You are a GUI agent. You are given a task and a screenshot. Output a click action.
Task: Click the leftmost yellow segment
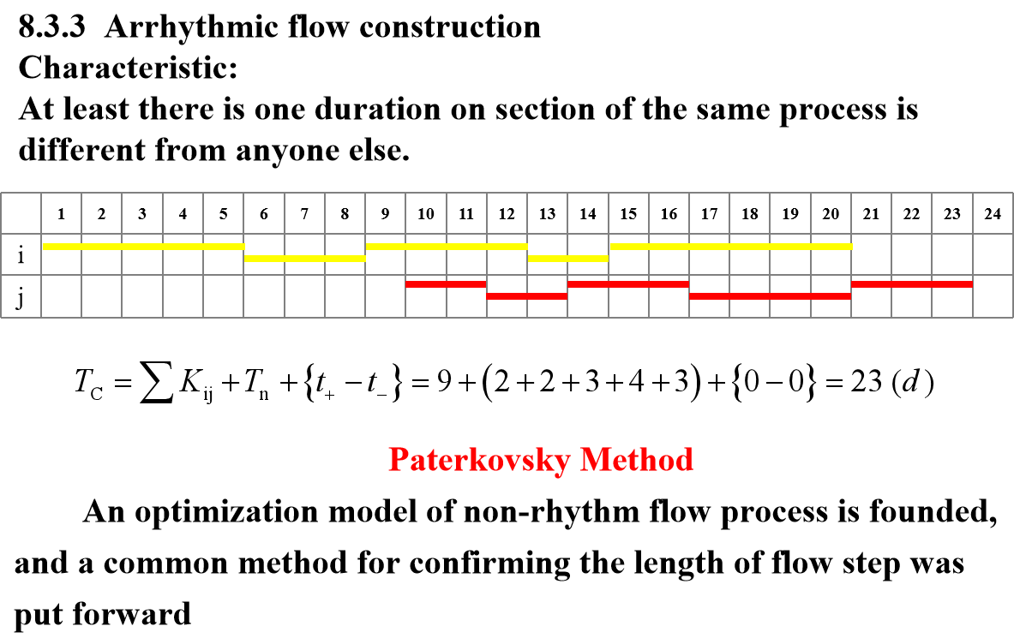tap(143, 247)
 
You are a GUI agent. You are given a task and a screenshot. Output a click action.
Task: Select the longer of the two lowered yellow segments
tap(304, 259)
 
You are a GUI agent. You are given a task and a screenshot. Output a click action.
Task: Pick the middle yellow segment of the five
tap(446, 247)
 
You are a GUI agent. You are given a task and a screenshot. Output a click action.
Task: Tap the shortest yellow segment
tap(567, 259)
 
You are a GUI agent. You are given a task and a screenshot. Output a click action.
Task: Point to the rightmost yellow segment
tap(731, 247)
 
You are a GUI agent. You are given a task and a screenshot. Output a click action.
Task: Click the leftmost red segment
tap(446, 283)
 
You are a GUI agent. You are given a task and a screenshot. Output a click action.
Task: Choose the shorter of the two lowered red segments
tap(526, 296)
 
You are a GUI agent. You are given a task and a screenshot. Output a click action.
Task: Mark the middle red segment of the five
tap(627, 283)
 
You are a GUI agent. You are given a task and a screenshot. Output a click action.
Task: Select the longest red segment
tap(770, 296)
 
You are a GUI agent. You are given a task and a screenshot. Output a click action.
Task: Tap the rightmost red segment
tap(912, 283)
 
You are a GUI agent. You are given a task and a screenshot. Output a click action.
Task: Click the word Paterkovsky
tap(478, 460)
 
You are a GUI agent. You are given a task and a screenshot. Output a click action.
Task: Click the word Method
tap(637, 460)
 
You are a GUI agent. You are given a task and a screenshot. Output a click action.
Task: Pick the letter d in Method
tap(683, 460)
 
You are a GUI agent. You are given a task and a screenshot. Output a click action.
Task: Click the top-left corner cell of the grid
tap(21, 213)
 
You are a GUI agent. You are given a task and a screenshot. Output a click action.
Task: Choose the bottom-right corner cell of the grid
tap(993, 296)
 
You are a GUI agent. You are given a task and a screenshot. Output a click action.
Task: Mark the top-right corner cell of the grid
tap(993, 213)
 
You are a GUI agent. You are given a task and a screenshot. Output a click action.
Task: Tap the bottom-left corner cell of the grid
tap(21, 296)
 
